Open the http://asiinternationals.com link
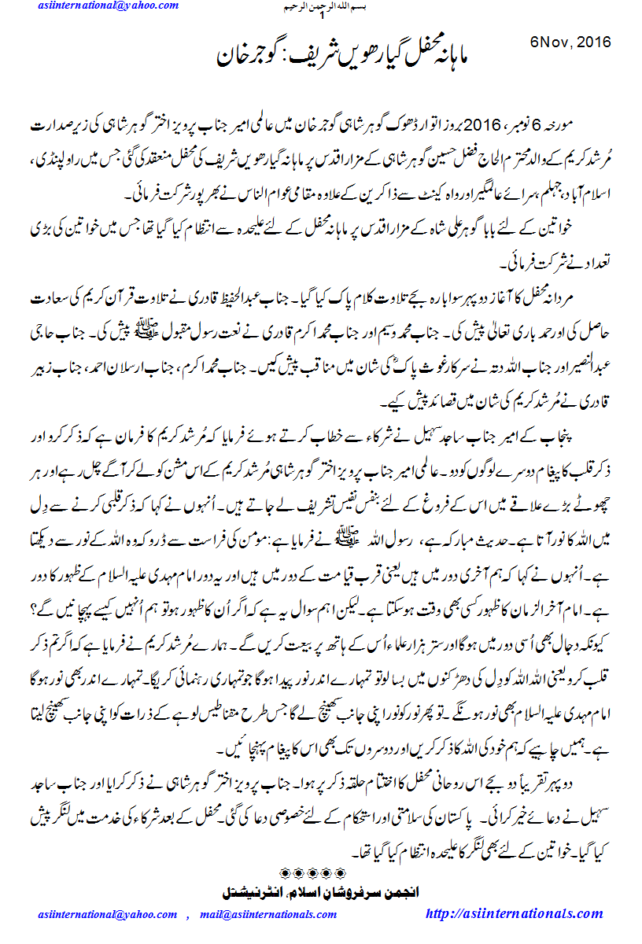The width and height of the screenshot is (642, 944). (513, 914)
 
